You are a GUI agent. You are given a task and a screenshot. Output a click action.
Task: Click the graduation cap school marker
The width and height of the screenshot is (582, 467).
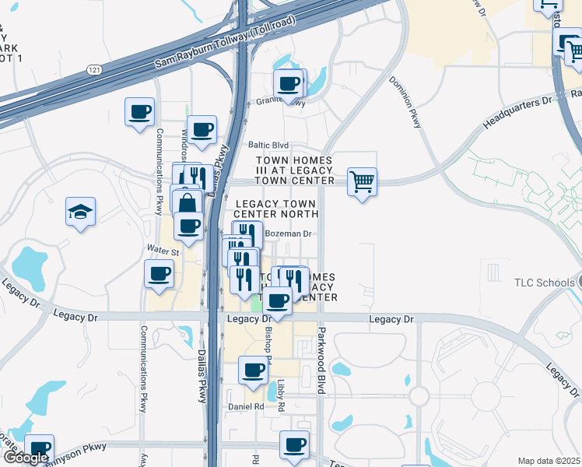pyautogui.click(x=80, y=212)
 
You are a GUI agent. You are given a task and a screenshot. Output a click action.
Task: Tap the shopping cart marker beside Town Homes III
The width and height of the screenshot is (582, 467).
pyautogui.click(x=362, y=182)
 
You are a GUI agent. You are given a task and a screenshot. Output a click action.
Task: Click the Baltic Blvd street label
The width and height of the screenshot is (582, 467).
pyautogui.click(x=268, y=146)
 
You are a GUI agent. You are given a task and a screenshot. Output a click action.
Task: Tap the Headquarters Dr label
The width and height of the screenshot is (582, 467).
pyautogui.click(x=516, y=112)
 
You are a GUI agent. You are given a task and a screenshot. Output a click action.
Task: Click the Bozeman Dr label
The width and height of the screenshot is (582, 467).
pyautogui.click(x=288, y=233)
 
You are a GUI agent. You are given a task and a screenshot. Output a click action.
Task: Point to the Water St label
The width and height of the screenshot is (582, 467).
pyautogui.click(x=163, y=251)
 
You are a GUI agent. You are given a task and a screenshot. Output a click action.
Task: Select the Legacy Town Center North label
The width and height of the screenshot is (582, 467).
pyautogui.click(x=276, y=209)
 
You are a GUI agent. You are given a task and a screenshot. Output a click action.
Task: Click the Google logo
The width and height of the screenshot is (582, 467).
pyautogui.click(x=25, y=458)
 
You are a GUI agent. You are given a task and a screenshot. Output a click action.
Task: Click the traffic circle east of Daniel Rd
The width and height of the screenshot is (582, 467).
pyautogui.click(x=419, y=396)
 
